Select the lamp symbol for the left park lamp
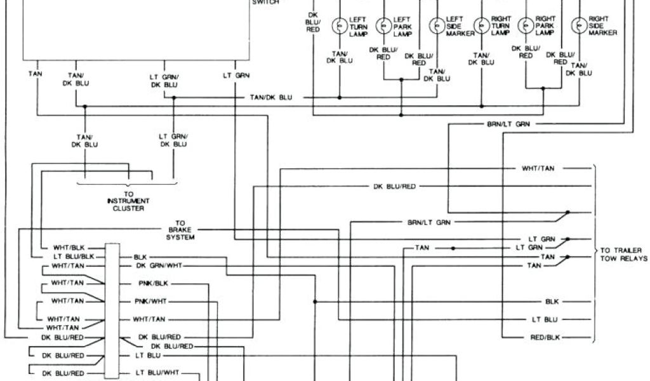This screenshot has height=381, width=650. click(x=383, y=25)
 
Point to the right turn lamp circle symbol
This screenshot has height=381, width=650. click(x=481, y=25)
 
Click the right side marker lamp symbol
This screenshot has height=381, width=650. click(x=579, y=25)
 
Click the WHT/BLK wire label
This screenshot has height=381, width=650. click(x=66, y=247)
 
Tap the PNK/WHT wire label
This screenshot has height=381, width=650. click(x=152, y=301)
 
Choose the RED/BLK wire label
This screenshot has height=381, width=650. click(x=545, y=337)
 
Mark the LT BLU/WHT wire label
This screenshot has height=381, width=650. click(x=157, y=373)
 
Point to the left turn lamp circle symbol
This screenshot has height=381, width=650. click(x=340, y=25)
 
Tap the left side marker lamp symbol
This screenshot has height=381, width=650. click(x=437, y=25)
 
